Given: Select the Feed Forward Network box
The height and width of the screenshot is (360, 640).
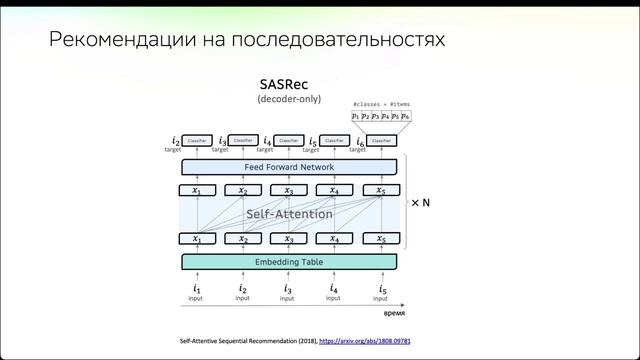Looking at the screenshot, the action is pyautogui.click(x=289, y=166).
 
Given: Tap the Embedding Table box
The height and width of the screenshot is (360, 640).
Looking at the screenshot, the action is pyautogui.click(x=289, y=262).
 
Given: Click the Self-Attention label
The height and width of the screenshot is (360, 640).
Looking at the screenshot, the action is pyautogui.click(x=288, y=214).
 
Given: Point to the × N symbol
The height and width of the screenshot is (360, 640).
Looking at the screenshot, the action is pyautogui.click(x=421, y=202).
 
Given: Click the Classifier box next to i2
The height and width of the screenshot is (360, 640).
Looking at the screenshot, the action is pyautogui.click(x=197, y=142).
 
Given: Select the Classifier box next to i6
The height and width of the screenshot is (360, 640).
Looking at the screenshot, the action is pyautogui.click(x=381, y=142).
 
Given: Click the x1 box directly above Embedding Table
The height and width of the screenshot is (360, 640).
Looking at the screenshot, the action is pyautogui.click(x=197, y=239).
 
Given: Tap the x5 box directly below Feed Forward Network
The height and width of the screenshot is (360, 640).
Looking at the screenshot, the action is pyautogui.click(x=381, y=190).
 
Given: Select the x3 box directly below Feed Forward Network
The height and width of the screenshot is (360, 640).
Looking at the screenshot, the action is pyautogui.click(x=288, y=190).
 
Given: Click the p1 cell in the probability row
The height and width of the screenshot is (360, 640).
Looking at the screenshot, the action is pyautogui.click(x=356, y=117).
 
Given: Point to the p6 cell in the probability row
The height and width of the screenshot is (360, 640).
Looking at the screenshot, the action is pyautogui.click(x=406, y=117).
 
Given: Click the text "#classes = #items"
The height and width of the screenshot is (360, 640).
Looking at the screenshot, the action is pyautogui.click(x=381, y=104).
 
